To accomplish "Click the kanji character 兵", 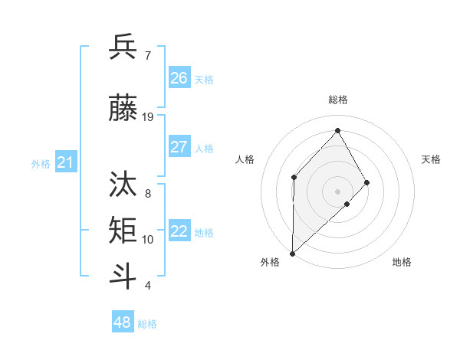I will point(123,47).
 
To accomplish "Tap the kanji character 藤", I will point(123,107).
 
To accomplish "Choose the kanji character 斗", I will point(123,276).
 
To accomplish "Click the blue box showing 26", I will point(179,78).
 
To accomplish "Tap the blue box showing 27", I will point(179,147).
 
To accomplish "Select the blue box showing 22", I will point(179,232).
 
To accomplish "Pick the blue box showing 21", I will point(65,162).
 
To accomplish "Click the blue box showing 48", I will point(123,322).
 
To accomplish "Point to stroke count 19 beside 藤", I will point(148,117).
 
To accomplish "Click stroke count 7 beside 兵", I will point(147,57).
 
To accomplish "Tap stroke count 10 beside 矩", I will point(148,240).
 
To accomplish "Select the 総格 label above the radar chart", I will point(337,100).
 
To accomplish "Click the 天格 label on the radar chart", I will point(431,159).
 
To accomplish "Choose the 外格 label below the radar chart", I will point(270,262).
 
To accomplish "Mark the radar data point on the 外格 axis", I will point(292,253).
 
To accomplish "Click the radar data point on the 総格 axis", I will point(337,130).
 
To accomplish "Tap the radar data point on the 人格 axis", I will point(294,177).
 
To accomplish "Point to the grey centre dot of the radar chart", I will point(337,191).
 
